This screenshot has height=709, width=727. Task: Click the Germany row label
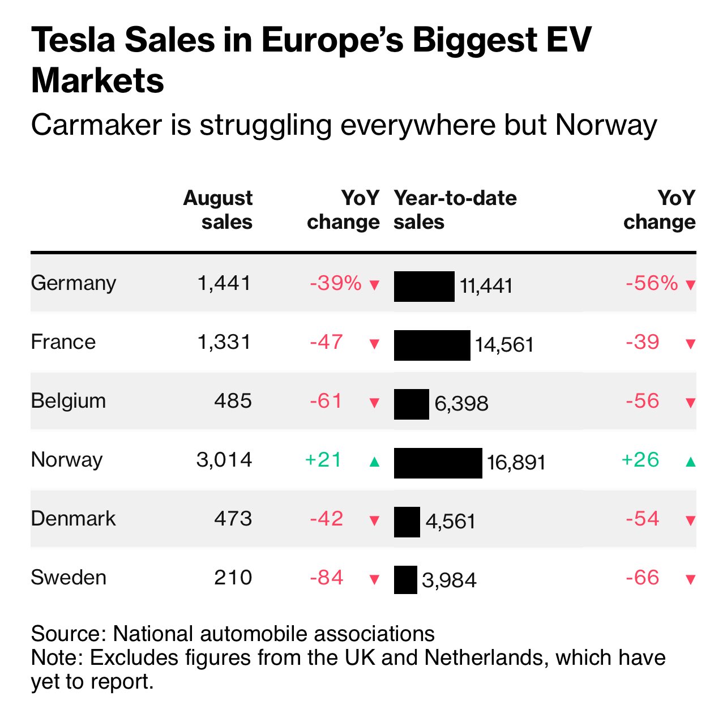pos(73,283)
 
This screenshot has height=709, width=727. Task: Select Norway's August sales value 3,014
pos(224,459)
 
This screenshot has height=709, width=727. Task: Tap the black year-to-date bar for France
pos(432,345)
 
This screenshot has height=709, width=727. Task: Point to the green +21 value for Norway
pos(323,459)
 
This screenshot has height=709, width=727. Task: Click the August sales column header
pos(218,210)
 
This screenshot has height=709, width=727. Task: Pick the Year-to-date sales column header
pos(455,210)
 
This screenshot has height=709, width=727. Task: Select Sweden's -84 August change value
pos(327,578)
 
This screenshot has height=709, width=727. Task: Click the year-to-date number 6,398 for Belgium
pos(461,404)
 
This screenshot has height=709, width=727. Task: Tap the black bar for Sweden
pos(405,580)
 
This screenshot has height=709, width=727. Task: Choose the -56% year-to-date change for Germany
pos(652,283)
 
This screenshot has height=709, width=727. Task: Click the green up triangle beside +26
pos(690,462)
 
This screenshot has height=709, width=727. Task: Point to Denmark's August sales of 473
pos(233,519)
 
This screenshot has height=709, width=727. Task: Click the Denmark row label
pos(73,519)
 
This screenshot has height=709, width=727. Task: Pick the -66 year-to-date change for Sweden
pos(643,578)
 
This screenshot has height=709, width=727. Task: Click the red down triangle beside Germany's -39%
pos(374,285)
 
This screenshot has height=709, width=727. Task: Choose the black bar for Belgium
pos(412,404)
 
